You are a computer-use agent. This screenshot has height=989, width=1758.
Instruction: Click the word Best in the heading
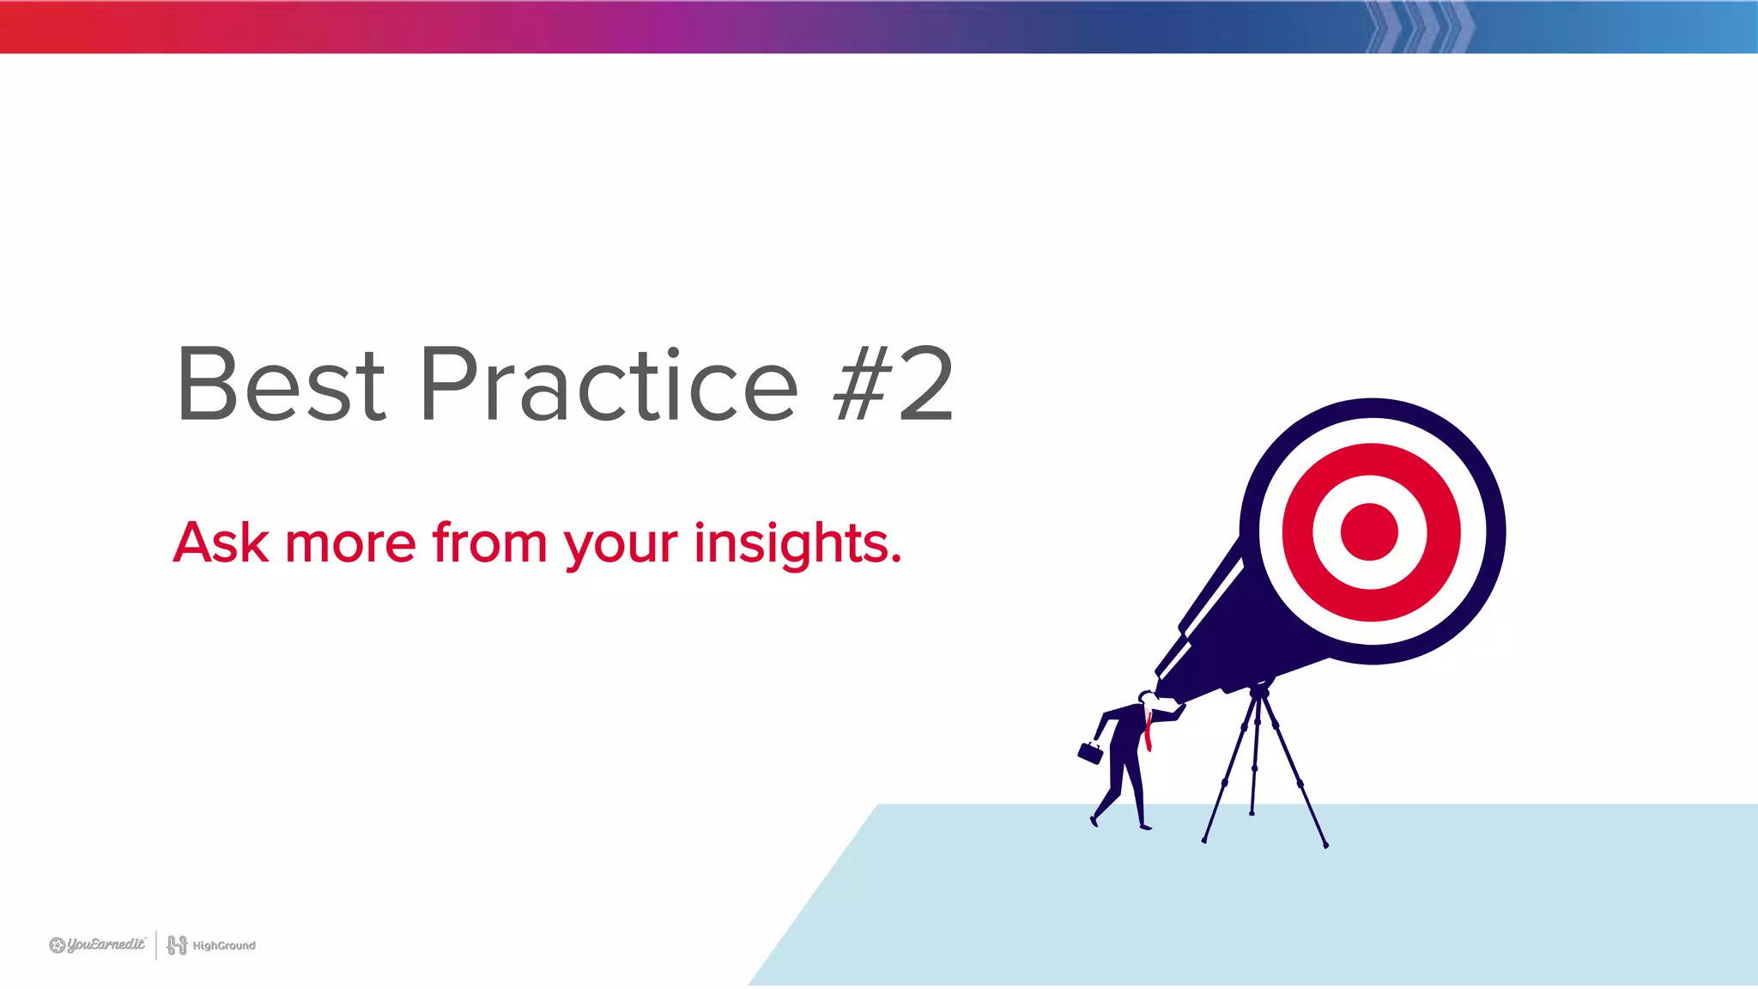[x=281, y=385]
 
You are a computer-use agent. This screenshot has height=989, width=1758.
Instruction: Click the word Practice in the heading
[x=609, y=385]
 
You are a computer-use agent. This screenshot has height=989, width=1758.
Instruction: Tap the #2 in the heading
[x=894, y=385]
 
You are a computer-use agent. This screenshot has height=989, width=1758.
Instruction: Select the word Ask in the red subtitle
[x=221, y=543]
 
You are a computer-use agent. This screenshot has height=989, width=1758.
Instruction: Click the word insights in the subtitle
[x=797, y=543]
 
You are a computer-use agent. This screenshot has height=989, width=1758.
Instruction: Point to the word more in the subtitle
[x=350, y=543]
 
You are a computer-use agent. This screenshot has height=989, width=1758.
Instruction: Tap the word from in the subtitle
[x=488, y=543]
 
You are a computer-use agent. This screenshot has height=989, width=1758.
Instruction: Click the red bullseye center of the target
[x=1369, y=531]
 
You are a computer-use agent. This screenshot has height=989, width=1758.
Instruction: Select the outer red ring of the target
[x=1298, y=531]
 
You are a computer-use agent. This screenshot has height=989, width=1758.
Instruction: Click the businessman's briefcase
[x=1090, y=753]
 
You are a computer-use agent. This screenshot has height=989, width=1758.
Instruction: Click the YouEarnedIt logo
[x=98, y=944]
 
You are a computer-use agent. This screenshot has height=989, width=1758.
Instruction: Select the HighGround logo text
[x=224, y=945]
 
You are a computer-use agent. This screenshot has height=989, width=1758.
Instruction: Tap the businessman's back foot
[x=1094, y=820]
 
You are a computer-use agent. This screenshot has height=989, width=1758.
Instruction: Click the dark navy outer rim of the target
[x=1494, y=531]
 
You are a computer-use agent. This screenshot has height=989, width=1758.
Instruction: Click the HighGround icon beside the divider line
[x=177, y=944]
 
